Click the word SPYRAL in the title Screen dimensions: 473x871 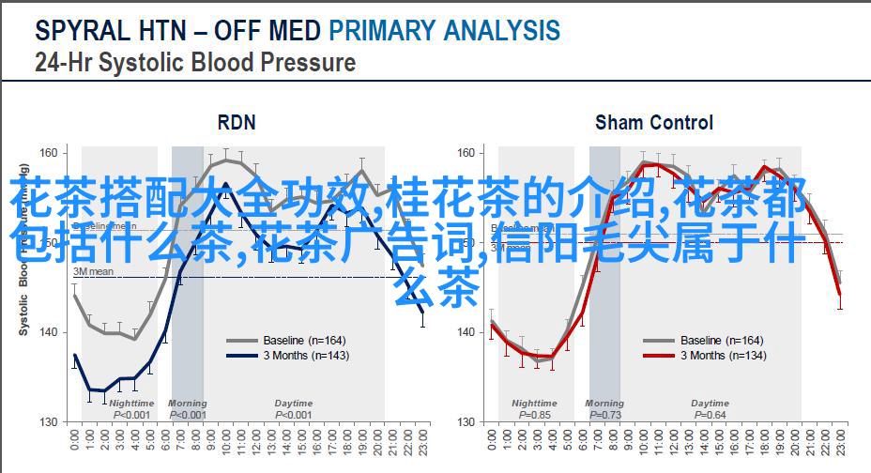[81, 30]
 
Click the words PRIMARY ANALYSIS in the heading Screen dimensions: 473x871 [444, 30]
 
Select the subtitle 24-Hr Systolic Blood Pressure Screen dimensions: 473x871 [195, 63]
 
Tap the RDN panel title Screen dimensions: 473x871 [236, 122]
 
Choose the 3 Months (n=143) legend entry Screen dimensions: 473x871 [306, 356]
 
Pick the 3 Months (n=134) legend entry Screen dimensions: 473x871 [723, 356]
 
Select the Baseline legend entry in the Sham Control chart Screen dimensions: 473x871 [722, 341]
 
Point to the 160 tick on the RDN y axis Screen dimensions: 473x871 [50, 152]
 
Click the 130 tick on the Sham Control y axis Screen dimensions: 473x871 [466, 421]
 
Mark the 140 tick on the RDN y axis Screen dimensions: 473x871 [50, 332]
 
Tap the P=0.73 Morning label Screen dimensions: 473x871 [604, 415]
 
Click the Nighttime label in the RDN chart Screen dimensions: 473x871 [131, 404]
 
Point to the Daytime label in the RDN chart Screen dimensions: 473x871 [293, 404]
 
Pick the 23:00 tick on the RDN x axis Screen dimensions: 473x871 [423, 444]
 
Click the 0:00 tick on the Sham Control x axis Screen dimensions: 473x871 [486, 442]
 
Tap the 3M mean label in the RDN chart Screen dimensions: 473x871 [94, 271]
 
